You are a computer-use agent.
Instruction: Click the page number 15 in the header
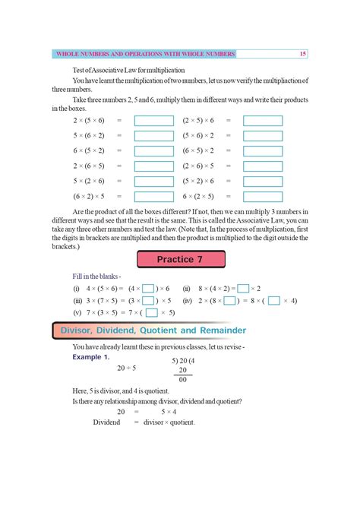pyautogui.click(x=302, y=54)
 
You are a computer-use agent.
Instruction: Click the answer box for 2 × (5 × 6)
pyautogui.click(x=153, y=121)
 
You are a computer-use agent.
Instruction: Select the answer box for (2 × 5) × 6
pyautogui.click(x=263, y=121)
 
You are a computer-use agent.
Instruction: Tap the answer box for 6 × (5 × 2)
pyautogui.click(x=153, y=151)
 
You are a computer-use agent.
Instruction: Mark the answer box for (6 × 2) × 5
pyautogui.click(x=153, y=196)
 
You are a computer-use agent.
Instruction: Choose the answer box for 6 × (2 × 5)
pyautogui.click(x=263, y=196)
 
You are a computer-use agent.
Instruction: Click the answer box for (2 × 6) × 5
pyautogui.click(x=263, y=166)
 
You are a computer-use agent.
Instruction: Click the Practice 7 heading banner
pyautogui.click(x=180, y=260)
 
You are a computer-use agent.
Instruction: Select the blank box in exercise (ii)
pyautogui.click(x=243, y=289)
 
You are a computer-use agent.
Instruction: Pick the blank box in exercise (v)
pyautogui.click(x=151, y=313)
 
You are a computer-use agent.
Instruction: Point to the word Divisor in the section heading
pyautogui.click(x=88, y=330)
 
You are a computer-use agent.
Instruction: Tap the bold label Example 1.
pyautogui.click(x=90, y=356)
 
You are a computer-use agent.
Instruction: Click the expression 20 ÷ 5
pyautogui.click(x=126, y=368)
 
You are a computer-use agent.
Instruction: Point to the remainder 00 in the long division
pyautogui.click(x=182, y=380)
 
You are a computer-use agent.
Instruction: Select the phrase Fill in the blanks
pyautogui.click(x=91, y=277)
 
